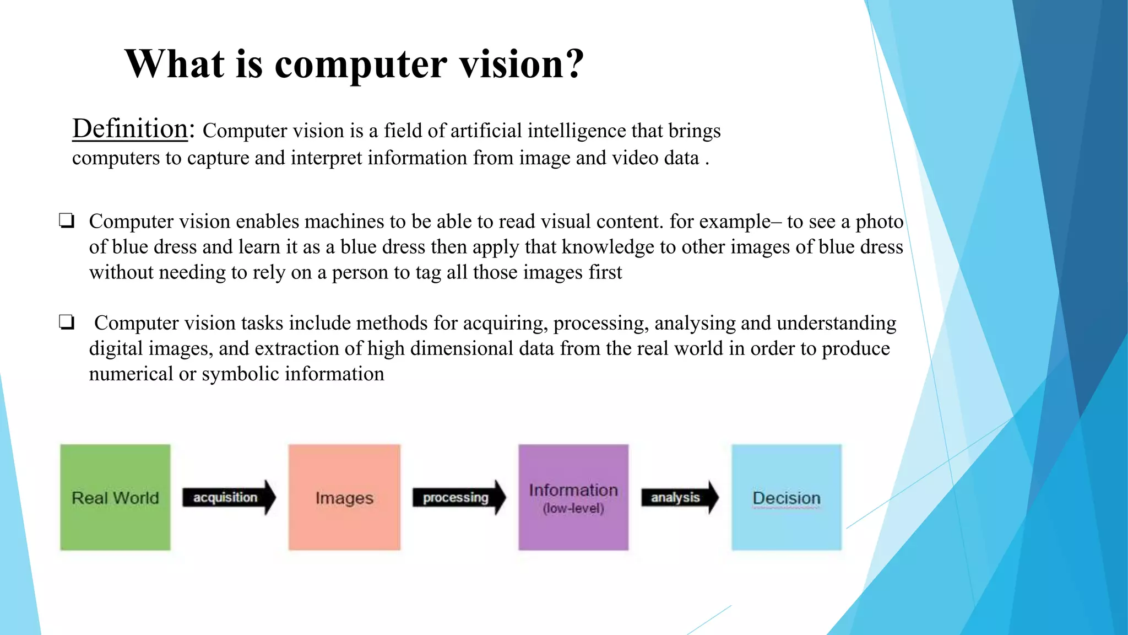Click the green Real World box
[x=115, y=497]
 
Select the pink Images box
[x=344, y=497]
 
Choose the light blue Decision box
[x=787, y=497]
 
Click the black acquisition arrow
[x=229, y=497]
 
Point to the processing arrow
[x=459, y=497]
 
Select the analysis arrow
[x=680, y=497]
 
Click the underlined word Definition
[x=130, y=128]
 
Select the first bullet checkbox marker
[x=67, y=221]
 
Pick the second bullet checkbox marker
[x=67, y=322]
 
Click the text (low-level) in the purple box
[x=573, y=508]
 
